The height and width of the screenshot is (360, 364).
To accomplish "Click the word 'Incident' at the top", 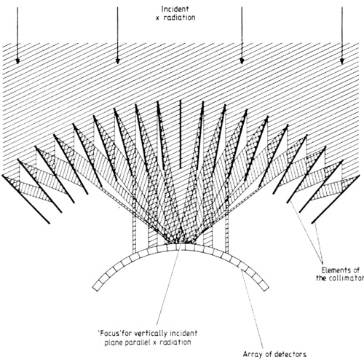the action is coord(175,9).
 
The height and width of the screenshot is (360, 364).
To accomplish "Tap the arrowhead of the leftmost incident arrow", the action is coord(17,60).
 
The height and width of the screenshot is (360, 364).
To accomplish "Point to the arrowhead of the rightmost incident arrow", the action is coord(342,60).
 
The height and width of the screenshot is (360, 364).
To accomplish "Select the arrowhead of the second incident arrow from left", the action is coord(118,60).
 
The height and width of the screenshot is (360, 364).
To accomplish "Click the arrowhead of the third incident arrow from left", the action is coord(242,60).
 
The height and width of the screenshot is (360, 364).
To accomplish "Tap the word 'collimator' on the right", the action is coord(347,278).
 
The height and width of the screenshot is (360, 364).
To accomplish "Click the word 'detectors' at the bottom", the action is coord(290,354).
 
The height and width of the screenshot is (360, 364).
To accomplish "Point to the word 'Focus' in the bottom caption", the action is coord(109,333).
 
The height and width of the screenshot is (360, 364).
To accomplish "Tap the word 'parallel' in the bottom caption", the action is coord(137,343).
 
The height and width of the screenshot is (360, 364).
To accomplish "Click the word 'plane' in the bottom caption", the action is coord(113,343).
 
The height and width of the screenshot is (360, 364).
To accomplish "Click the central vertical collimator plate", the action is coord(181,134).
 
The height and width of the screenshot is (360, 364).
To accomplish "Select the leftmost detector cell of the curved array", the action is coord(97,286).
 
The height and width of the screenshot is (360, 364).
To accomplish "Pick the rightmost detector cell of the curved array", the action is coord(265,286).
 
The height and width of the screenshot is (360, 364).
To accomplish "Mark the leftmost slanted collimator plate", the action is coord(26,199).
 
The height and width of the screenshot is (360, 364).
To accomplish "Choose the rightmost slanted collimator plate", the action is coord(336,199).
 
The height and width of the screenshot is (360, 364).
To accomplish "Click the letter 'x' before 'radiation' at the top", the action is coord(158,18).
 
